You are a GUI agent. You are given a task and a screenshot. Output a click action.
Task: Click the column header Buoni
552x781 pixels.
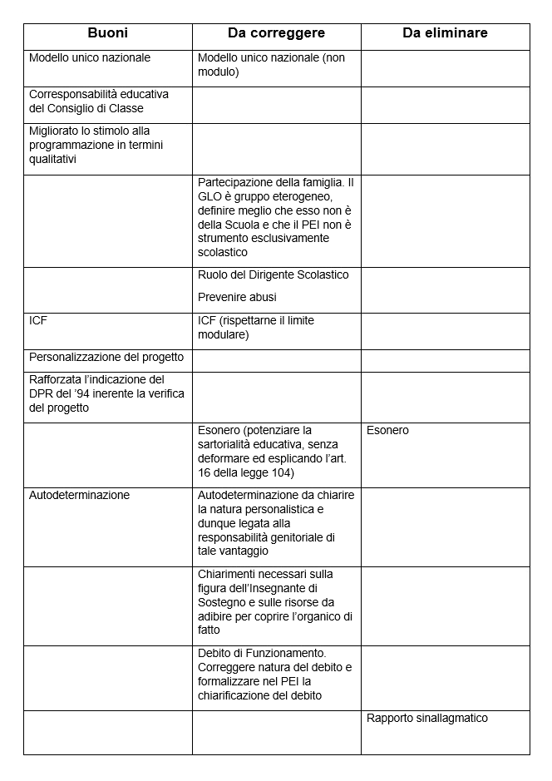[x=107, y=33]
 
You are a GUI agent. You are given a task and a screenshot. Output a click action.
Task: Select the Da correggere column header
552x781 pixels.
[x=276, y=33]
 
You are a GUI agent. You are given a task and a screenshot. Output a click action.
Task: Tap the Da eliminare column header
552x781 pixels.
[x=445, y=33]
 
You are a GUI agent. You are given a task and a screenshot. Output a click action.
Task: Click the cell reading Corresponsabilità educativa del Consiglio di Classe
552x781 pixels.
[x=99, y=101]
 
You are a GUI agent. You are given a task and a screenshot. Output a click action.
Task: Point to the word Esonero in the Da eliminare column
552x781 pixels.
[x=387, y=431]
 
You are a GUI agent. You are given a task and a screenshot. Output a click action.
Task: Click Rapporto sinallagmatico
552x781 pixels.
[x=427, y=719]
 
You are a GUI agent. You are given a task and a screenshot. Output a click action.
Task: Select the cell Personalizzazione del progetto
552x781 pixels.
[x=106, y=358]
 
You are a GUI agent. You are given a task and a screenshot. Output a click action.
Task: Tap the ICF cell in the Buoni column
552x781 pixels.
[x=38, y=320]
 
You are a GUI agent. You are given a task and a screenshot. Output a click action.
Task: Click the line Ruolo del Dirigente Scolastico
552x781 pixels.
[x=274, y=274]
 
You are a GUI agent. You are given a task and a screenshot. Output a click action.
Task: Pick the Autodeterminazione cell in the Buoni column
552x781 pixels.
[x=80, y=495]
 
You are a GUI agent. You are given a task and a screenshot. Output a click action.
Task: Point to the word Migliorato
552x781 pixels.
[x=55, y=131]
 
